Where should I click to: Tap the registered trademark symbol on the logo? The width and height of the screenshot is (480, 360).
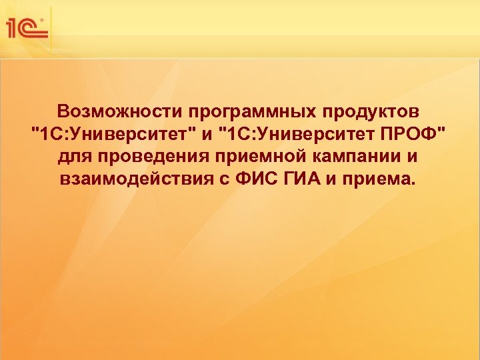[x=44, y=21]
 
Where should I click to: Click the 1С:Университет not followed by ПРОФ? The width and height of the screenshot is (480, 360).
[x=113, y=135]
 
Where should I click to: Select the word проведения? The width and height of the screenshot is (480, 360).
[x=144, y=159]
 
